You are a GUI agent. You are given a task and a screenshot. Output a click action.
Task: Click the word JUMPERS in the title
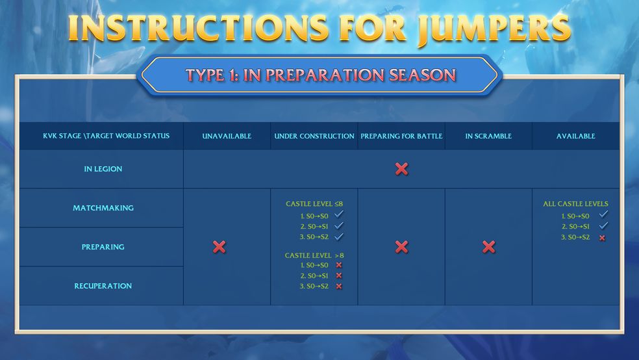[x=494, y=29]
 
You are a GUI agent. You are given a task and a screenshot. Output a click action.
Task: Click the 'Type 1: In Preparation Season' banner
[x=319, y=75]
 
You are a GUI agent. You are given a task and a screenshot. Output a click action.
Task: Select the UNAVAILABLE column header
[x=227, y=136]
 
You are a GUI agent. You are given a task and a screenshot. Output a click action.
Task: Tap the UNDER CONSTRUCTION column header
[x=314, y=136]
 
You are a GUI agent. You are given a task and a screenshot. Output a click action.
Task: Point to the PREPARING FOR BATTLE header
[x=401, y=136]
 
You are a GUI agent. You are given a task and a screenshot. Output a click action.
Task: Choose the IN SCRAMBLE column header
[x=488, y=136]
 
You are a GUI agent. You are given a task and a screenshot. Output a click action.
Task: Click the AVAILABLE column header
[x=576, y=136]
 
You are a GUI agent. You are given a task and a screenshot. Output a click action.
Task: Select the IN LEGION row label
[x=103, y=169]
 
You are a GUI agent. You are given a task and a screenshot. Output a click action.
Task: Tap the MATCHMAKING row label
[x=103, y=208]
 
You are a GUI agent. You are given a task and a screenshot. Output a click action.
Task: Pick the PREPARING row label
[x=103, y=247]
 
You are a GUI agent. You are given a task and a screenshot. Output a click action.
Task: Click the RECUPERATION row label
[x=103, y=286]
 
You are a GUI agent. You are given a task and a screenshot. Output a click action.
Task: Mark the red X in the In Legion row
[x=401, y=169]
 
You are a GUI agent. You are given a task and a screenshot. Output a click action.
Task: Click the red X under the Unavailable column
[x=219, y=247]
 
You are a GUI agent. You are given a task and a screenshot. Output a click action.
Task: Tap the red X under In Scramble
[x=488, y=247]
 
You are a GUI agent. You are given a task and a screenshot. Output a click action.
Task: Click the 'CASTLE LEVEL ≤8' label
[x=314, y=204]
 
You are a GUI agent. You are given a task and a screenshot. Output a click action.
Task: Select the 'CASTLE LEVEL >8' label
[x=314, y=255]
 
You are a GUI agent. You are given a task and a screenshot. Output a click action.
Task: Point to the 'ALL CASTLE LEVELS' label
[x=575, y=204]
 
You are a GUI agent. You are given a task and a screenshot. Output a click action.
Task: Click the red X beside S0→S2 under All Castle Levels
[x=603, y=238]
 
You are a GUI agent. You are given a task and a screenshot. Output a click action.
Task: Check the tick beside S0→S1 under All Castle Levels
[x=603, y=225]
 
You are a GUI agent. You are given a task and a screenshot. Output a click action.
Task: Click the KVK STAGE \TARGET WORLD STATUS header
[x=106, y=136]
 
